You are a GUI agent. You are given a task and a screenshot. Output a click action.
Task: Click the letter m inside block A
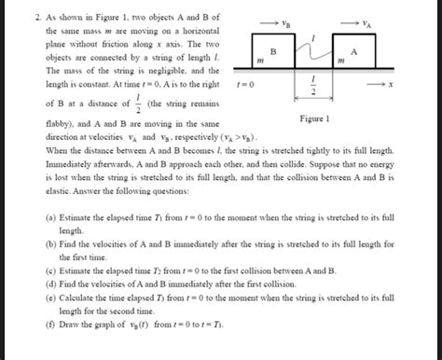341,62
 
